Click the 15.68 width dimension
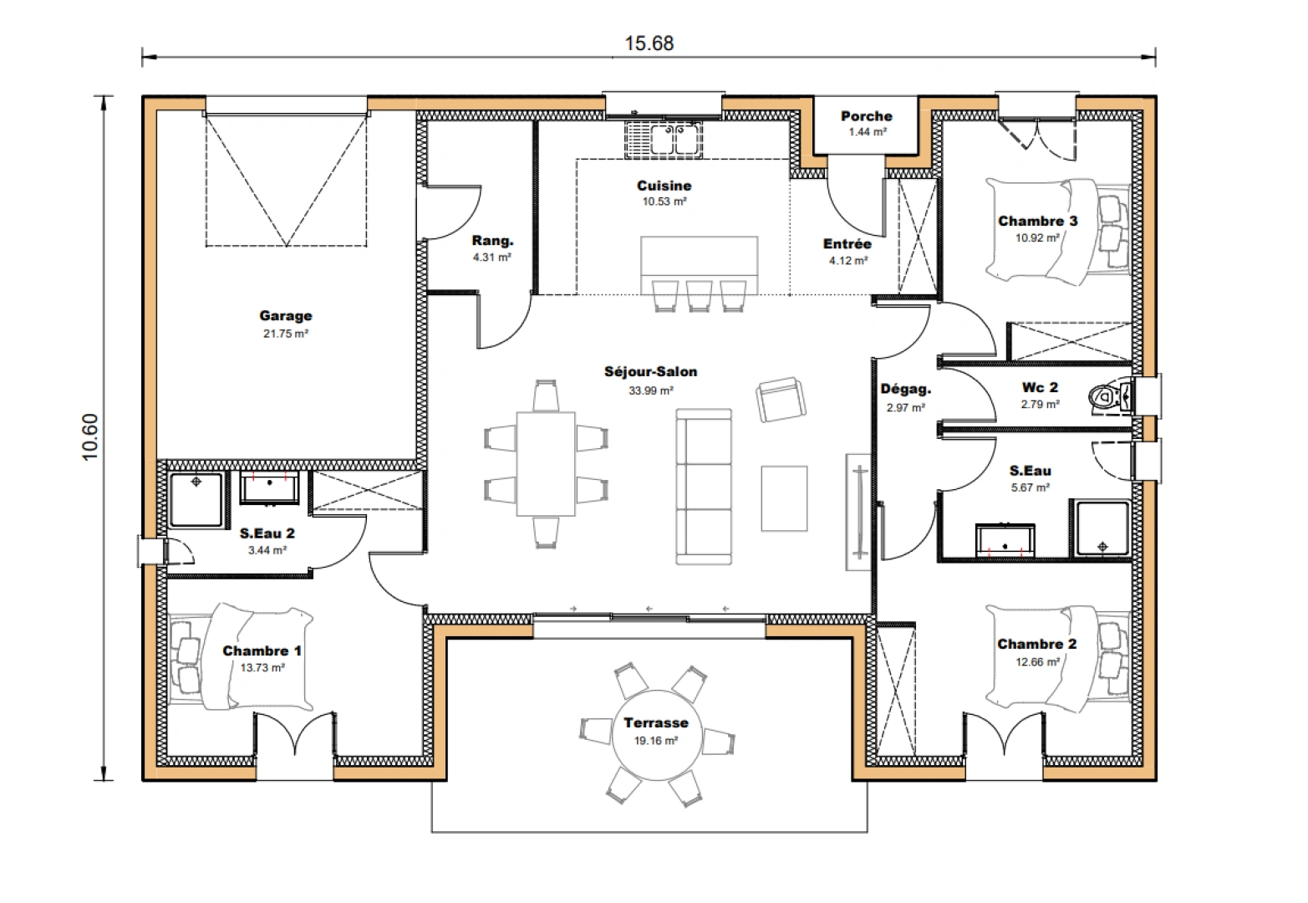click(649, 43)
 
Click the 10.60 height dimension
click(90, 436)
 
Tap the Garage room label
click(285, 316)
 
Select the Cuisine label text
click(664, 186)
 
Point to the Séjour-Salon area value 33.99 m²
click(651, 390)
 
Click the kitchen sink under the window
click(664, 139)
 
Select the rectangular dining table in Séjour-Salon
click(546, 463)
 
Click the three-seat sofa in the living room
click(704, 486)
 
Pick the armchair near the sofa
click(781, 400)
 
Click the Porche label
click(866, 116)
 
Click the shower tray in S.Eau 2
click(196, 500)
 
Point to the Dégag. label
click(905, 390)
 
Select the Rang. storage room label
click(492, 241)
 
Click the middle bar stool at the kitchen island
click(699, 295)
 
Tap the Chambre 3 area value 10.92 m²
click(1037, 238)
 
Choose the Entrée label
click(847, 244)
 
